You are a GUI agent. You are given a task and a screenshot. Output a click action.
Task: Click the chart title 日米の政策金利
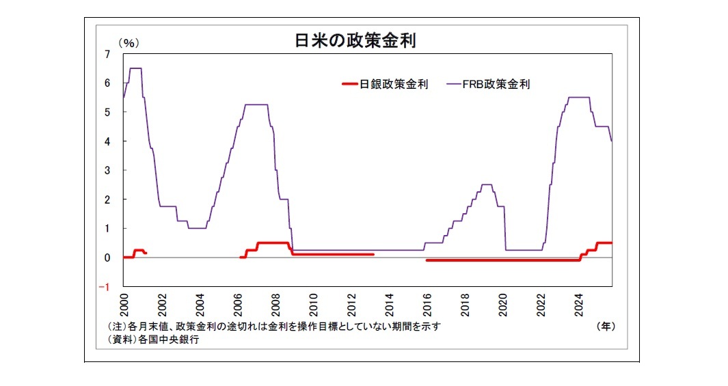(355, 40)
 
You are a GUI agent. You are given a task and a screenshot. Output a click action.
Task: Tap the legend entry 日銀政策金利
(393, 85)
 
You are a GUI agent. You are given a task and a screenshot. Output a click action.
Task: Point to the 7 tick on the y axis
(107, 54)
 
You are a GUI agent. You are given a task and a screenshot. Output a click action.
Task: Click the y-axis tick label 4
(107, 141)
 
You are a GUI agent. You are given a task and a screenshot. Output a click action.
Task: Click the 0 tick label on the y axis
(107, 258)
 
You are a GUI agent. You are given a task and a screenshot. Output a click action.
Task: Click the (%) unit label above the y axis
(129, 42)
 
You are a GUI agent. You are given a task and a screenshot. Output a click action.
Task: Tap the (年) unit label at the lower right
(606, 327)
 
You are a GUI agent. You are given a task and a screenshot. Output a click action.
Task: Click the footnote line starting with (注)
(273, 327)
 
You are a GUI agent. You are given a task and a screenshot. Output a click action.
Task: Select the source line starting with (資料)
(153, 340)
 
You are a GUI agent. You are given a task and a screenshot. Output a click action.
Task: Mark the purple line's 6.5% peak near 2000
(135, 68)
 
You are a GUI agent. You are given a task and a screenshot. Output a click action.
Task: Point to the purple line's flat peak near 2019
(487, 184)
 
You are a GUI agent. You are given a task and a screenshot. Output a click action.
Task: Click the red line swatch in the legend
(349, 85)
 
